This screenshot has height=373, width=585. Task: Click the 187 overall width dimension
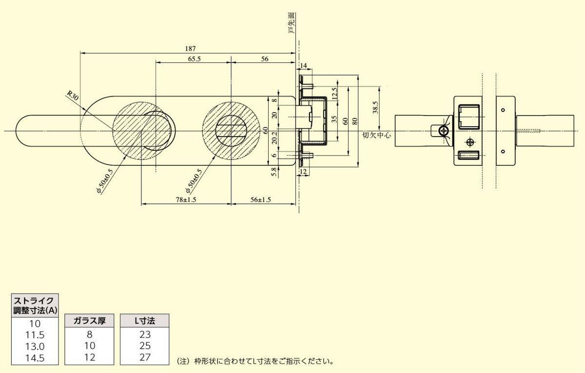coord(191,48)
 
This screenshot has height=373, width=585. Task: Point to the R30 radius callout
coord(72,95)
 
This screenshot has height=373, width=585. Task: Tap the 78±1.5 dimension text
coord(186,200)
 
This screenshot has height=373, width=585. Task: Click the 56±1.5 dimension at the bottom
coord(260,200)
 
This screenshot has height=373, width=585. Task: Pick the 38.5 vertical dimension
coord(375,107)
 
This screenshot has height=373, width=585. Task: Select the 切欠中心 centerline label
coord(377,135)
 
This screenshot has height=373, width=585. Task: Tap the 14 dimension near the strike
coord(303,65)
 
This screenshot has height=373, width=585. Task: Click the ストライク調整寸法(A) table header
coord(36,305)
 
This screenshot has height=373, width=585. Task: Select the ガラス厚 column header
coord(90,321)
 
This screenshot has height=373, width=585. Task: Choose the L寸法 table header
coord(145,321)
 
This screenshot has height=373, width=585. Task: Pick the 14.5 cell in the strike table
coord(35,358)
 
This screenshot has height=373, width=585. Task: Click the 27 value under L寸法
coord(145,357)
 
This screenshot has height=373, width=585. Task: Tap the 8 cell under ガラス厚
coord(90,335)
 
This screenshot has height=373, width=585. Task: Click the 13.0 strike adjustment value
coord(35,346)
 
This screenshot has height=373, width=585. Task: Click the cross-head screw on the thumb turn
coord(444,131)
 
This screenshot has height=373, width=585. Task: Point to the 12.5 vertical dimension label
coord(335,93)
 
